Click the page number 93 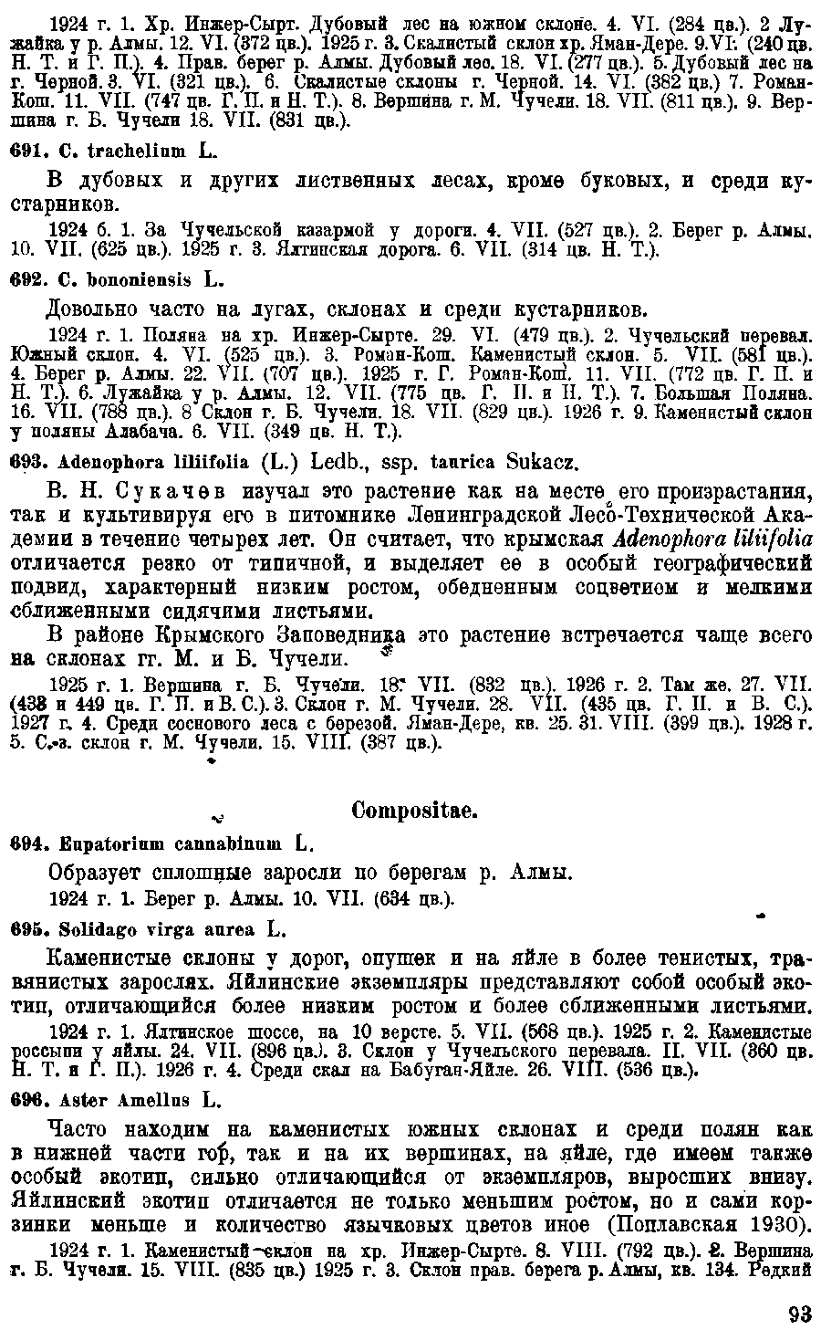click(x=799, y=1314)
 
